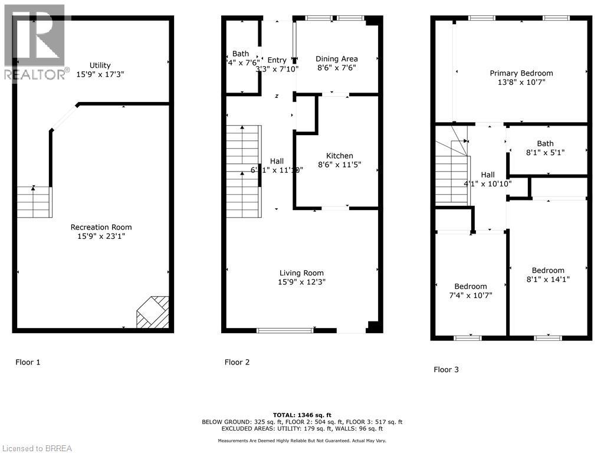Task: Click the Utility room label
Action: [x=100, y=65]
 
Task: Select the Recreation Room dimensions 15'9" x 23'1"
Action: [x=101, y=237]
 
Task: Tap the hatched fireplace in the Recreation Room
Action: [x=153, y=311]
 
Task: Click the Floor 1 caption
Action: [x=28, y=362]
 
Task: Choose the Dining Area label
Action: [x=336, y=58]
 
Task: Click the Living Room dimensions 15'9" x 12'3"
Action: [x=301, y=282]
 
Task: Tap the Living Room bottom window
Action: [x=285, y=330]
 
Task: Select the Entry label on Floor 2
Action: [x=277, y=60]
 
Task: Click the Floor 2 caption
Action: [x=237, y=362]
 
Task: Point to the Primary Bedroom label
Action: [x=521, y=73]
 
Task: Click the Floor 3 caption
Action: [x=446, y=370]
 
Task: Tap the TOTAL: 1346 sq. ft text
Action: [x=301, y=415]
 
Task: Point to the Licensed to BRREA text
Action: [x=36, y=448]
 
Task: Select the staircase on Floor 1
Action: [x=34, y=202]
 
